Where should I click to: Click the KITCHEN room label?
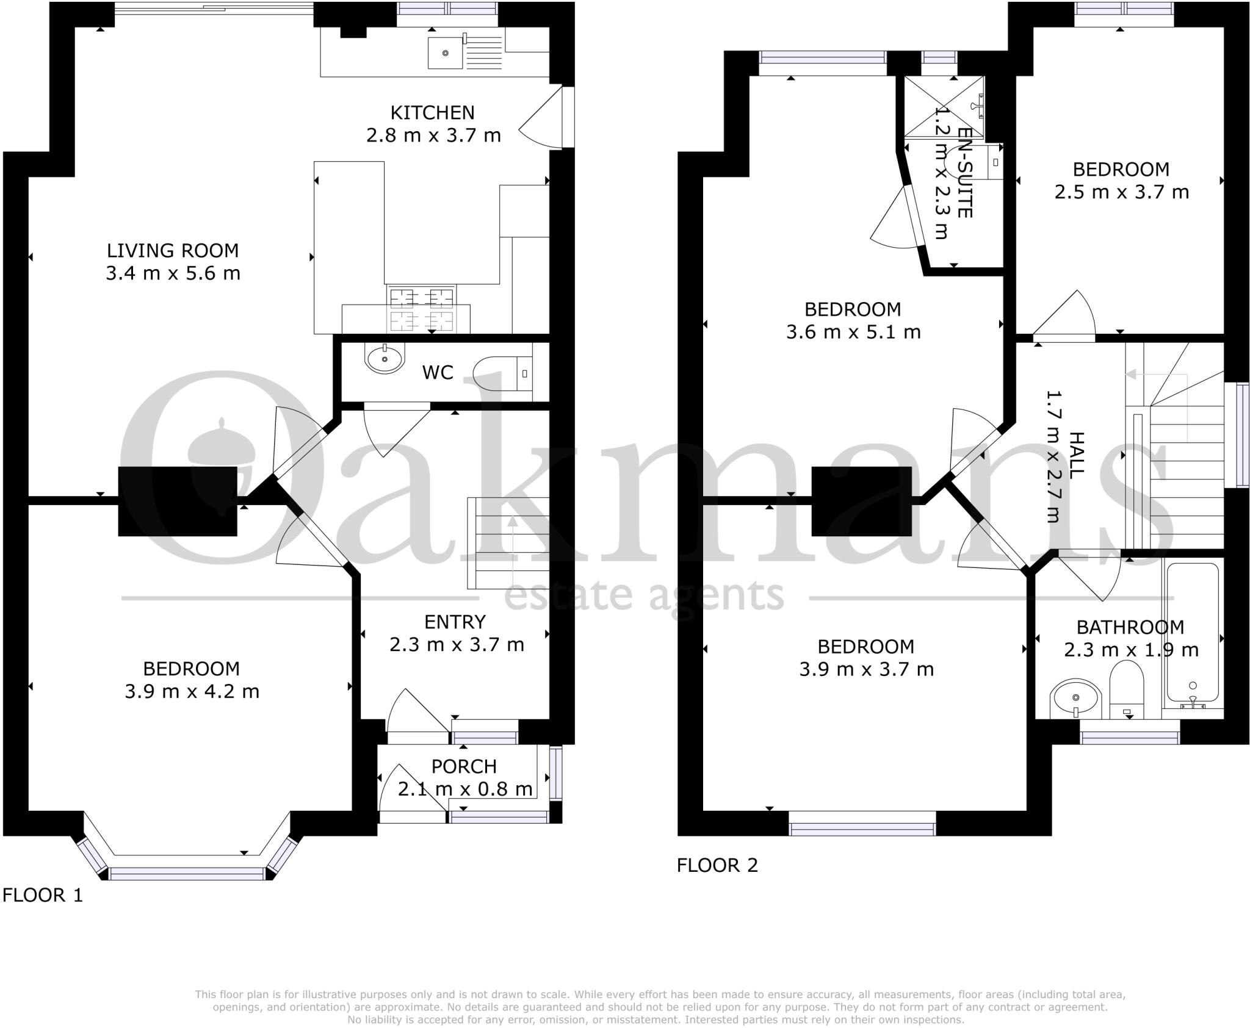[x=432, y=113]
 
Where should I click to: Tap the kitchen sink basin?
[x=445, y=52]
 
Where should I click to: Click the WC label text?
[x=438, y=373]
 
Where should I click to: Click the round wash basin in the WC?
[x=385, y=359]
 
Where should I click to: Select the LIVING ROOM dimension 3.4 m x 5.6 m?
[x=173, y=273]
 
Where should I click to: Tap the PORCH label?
[x=464, y=766]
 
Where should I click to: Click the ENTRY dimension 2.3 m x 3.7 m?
[x=457, y=645]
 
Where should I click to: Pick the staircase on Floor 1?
[x=508, y=543]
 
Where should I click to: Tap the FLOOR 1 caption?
[x=42, y=895]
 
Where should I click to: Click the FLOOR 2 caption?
[x=717, y=865]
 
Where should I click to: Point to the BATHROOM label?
[x=1130, y=627]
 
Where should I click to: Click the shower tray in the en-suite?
[x=944, y=107]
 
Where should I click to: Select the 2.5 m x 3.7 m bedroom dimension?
[x=1121, y=192]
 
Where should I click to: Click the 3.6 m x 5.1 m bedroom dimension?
[x=853, y=332]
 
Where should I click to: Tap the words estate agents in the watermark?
[x=644, y=595]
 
